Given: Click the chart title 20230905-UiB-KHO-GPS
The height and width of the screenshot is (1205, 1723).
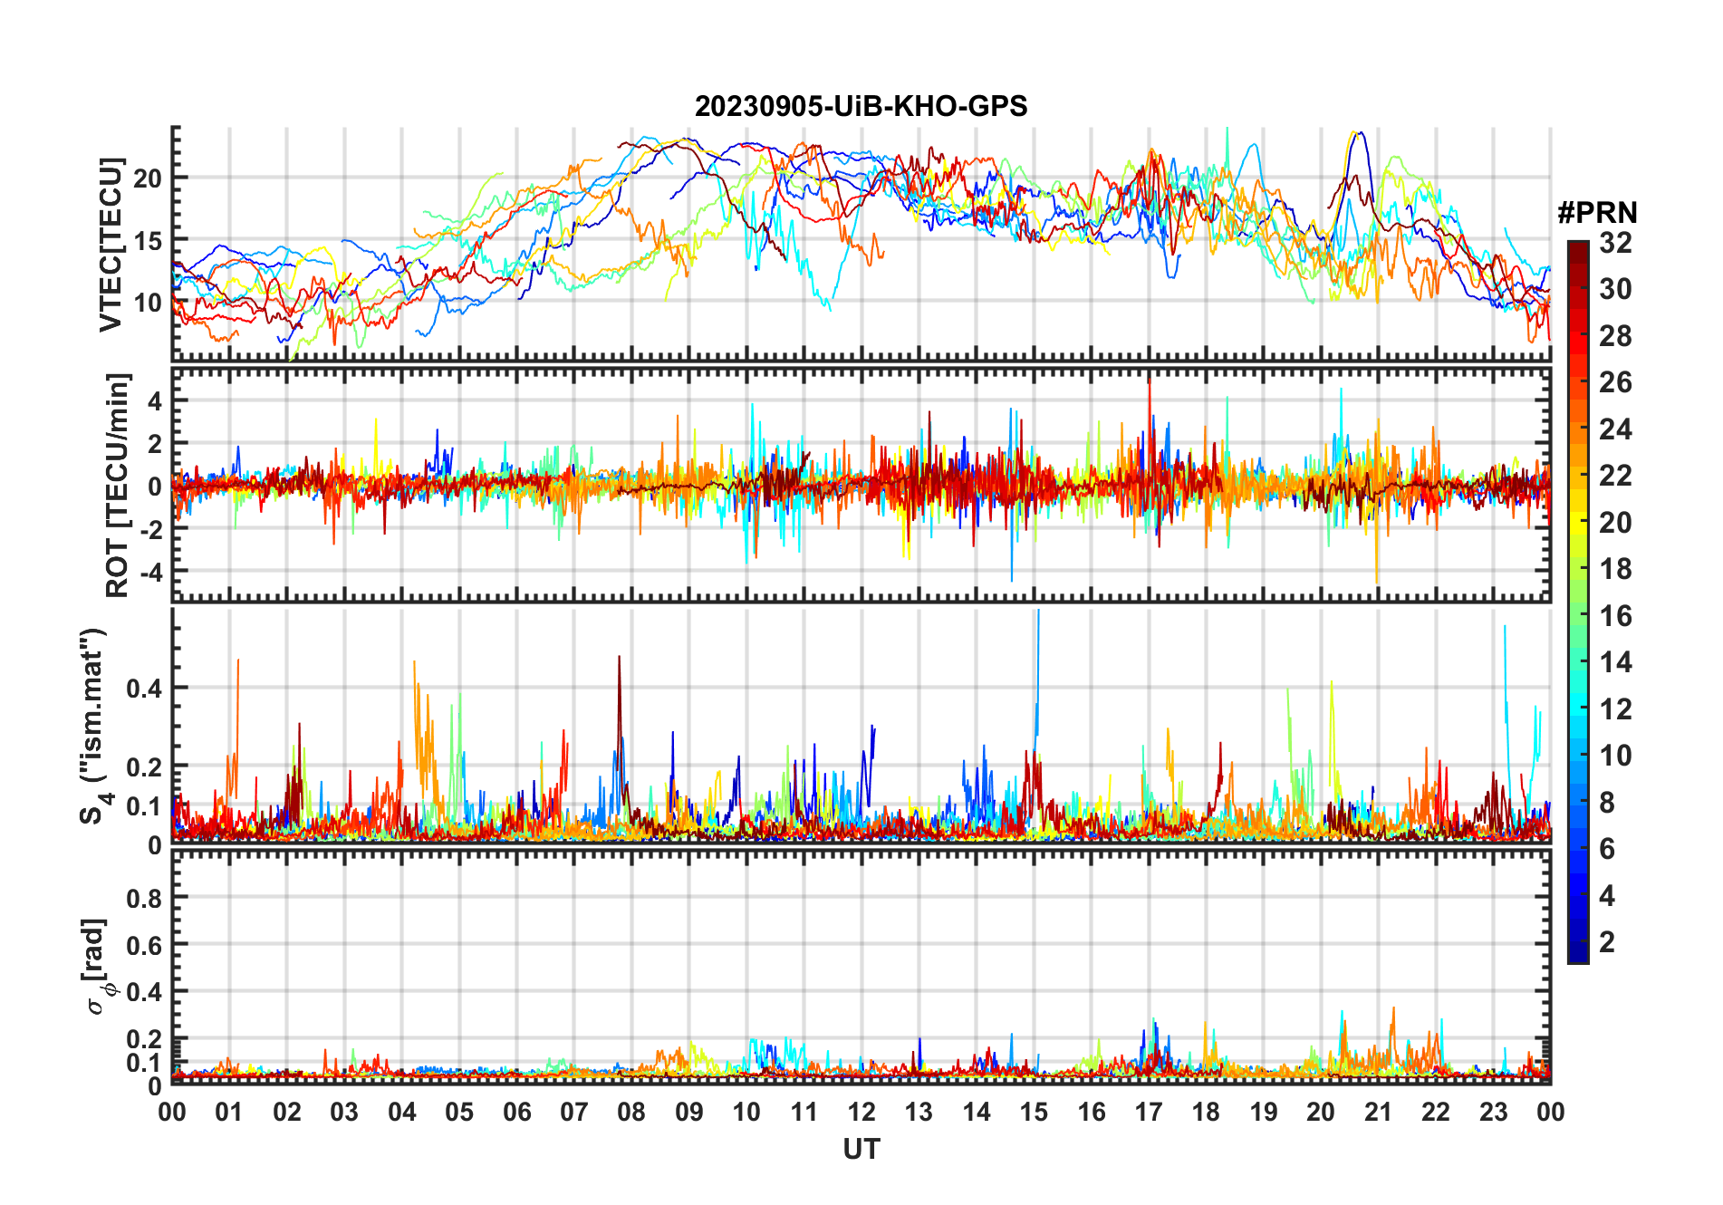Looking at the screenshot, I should pyautogui.click(x=861, y=107).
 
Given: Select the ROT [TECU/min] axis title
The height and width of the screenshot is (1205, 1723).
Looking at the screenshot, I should pyautogui.click(x=117, y=485).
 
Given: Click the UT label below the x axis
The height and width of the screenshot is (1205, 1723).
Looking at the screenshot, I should pyautogui.click(x=861, y=1150).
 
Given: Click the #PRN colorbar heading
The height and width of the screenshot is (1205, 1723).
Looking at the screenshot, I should pyautogui.click(x=1597, y=213).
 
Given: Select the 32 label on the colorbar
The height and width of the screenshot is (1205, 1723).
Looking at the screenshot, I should pyautogui.click(x=1615, y=243).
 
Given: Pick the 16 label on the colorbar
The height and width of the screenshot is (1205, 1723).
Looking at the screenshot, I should pyautogui.click(x=1615, y=616).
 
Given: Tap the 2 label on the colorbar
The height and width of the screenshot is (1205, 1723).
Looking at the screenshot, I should pyautogui.click(x=1607, y=942).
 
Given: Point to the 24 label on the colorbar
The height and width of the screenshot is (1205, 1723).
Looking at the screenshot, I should pyautogui.click(x=1615, y=429).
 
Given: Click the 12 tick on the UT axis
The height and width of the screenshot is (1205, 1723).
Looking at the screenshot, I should pyautogui.click(x=861, y=1113).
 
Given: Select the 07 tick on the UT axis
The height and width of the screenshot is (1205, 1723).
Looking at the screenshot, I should pyautogui.click(x=574, y=1113).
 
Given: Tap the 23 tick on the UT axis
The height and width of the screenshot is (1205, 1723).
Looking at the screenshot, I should pyautogui.click(x=1493, y=1113).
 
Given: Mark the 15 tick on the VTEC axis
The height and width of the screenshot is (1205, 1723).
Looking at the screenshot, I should pyautogui.click(x=148, y=241).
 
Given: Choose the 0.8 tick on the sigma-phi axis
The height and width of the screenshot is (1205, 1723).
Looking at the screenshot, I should pyautogui.click(x=145, y=898).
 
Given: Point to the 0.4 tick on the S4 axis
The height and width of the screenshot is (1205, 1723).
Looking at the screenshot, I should pyautogui.click(x=145, y=688).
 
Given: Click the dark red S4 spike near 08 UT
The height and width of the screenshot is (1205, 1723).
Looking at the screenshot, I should pyautogui.click(x=620, y=659).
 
